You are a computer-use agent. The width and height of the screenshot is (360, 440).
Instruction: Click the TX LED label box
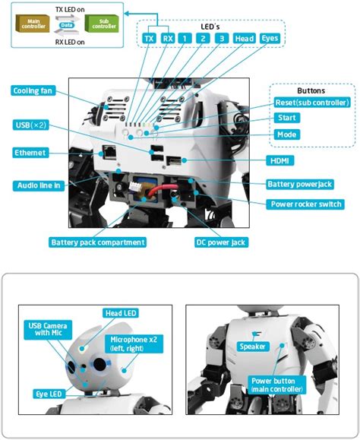[149, 37]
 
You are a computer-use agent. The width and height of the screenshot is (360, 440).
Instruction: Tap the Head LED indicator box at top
[243, 37]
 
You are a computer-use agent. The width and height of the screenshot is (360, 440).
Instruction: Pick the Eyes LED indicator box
[270, 37]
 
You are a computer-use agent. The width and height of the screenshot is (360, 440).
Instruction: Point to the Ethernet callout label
[31, 153]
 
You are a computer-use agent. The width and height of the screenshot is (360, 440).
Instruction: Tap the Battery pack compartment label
[97, 242]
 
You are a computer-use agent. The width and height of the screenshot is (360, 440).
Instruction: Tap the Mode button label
[288, 134]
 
